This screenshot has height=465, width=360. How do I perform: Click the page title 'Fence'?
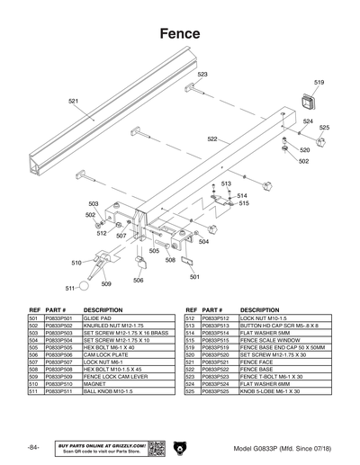(180, 33)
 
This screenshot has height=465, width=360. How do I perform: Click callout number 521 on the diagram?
(73, 102)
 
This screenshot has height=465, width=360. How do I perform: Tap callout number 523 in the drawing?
(202, 75)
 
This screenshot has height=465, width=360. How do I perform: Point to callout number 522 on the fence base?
(212, 139)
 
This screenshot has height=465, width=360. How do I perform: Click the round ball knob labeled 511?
(83, 286)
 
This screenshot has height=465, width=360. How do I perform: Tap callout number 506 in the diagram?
(139, 280)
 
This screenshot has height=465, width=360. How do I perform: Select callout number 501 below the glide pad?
(195, 277)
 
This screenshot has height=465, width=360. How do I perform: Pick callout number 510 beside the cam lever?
(76, 263)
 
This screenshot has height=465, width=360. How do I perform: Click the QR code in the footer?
(154, 447)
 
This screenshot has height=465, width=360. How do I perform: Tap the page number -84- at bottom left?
(33, 447)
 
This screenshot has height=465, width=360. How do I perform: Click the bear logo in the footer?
(180, 447)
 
